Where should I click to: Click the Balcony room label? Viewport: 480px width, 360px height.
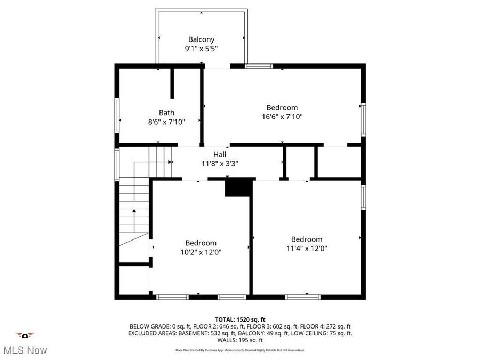click(x=201, y=39)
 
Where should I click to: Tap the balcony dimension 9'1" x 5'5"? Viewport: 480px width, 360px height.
click(x=201, y=48)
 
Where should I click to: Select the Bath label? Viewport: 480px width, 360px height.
click(x=166, y=113)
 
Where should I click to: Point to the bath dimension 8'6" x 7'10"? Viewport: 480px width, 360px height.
click(x=166, y=122)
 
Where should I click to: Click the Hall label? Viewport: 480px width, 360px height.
click(x=220, y=154)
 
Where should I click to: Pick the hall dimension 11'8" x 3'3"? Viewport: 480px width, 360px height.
click(x=220, y=163)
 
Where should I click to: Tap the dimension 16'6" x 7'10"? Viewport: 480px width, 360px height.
click(x=282, y=116)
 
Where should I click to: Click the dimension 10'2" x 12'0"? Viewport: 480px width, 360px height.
click(x=201, y=252)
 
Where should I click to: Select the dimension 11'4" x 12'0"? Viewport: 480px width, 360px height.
click(x=307, y=248)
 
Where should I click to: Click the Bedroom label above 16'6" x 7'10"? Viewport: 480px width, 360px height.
click(x=282, y=107)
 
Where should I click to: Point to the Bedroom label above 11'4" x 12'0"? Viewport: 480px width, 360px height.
click(x=307, y=239)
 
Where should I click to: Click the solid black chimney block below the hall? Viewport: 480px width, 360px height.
click(x=238, y=188)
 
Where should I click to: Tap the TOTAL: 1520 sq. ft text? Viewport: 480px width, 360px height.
click(x=239, y=319)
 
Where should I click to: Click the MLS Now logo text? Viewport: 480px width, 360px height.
click(x=25, y=350)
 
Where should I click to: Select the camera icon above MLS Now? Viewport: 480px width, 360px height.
click(x=25, y=335)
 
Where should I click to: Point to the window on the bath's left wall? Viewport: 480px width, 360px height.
click(x=117, y=115)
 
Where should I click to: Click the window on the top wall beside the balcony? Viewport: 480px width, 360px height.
click(x=259, y=66)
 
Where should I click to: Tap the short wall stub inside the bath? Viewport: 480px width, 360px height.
click(x=172, y=83)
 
